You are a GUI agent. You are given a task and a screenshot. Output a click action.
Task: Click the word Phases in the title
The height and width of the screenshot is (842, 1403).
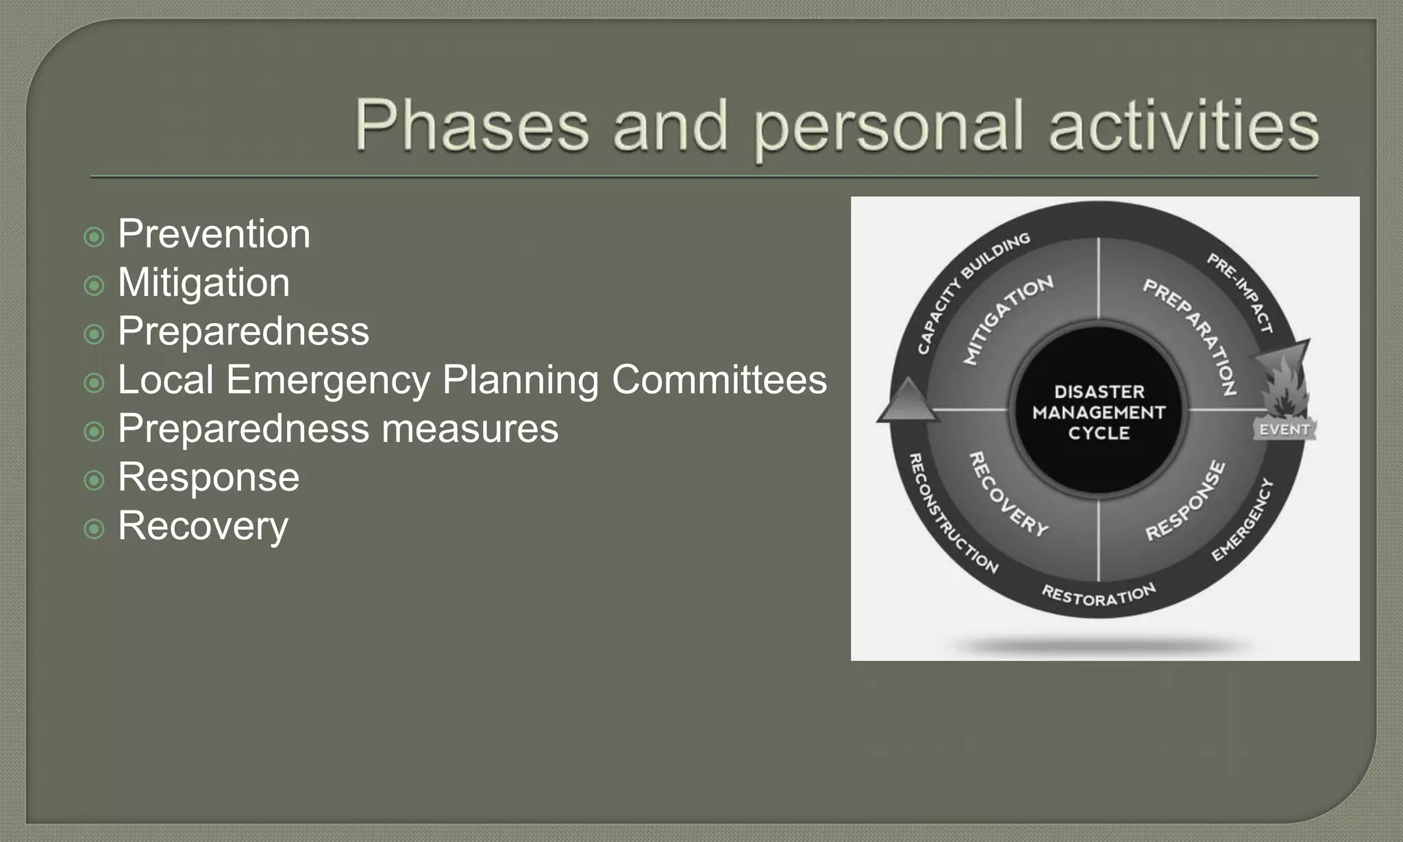coord(471,126)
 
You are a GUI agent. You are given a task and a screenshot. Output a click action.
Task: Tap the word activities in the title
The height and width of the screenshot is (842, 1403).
coord(1183,126)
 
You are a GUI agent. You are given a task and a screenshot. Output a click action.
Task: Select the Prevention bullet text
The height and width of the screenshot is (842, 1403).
coord(214,234)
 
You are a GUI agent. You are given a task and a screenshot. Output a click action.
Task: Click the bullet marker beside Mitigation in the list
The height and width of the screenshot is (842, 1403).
coord(94,286)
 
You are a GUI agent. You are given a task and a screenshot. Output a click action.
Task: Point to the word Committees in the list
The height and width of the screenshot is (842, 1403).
coord(719,380)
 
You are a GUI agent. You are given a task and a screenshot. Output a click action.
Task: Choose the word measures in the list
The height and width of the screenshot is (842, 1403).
coord(470,429)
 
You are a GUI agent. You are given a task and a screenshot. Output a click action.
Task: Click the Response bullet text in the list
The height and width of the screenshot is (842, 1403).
coord(208,478)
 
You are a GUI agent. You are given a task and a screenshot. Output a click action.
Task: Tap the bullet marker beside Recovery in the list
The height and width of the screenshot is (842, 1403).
coord(94,529)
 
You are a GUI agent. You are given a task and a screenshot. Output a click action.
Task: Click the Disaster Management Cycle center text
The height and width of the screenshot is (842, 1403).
coord(1099,412)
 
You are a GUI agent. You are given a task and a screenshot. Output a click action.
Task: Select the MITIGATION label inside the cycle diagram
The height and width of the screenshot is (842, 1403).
coord(1007,319)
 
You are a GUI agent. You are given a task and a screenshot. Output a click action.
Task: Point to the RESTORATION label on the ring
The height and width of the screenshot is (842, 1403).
coord(1099,595)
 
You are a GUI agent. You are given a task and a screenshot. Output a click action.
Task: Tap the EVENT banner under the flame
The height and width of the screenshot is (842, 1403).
coord(1284,430)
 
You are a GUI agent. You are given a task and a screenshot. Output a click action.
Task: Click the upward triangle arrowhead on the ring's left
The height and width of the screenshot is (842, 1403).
coord(907,401)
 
